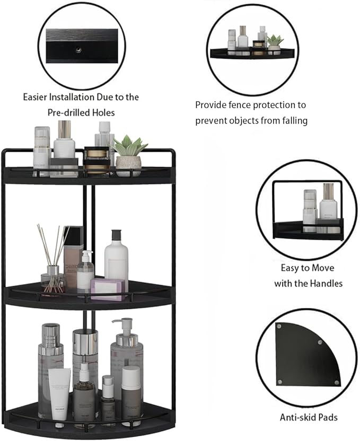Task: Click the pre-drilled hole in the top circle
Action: pyautogui.click(x=78, y=49)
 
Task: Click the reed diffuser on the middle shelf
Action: pyautogui.click(x=52, y=260)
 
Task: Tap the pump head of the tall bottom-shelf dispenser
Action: pyautogui.click(x=124, y=324)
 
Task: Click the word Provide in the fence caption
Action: pyautogui.click(x=211, y=105)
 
